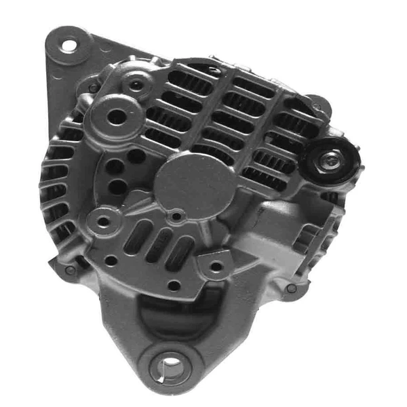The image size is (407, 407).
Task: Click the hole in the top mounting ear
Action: click(x=69, y=45)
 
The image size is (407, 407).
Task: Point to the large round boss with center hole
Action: click(x=117, y=117)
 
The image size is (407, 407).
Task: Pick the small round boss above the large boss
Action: click(x=138, y=85)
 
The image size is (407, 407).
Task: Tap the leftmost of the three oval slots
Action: click(x=136, y=237)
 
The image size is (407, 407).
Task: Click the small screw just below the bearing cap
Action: click(x=177, y=216)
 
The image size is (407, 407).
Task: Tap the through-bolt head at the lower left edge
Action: click(x=71, y=270)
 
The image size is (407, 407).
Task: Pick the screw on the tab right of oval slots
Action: click(x=216, y=266)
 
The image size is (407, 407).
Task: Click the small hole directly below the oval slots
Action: click(x=174, y=285)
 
